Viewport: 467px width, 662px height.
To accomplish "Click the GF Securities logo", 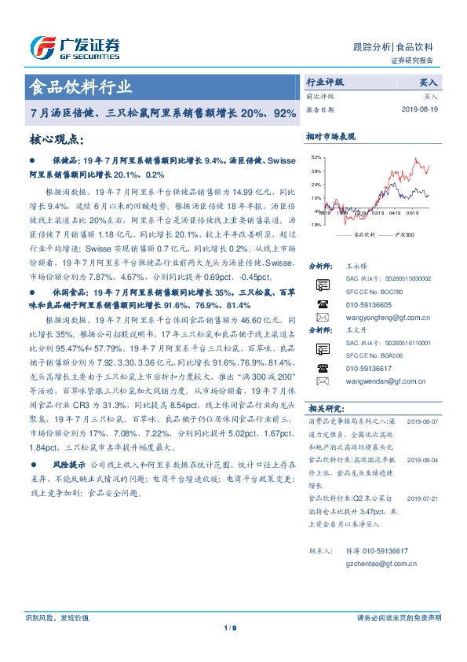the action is [75, 48].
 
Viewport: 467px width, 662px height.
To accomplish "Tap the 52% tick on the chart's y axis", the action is [316, 157].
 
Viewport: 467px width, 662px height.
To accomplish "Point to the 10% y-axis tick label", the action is [316, 197].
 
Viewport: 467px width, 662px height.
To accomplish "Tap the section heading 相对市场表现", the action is [330, 137].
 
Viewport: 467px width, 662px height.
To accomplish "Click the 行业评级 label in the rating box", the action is [324, 82].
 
